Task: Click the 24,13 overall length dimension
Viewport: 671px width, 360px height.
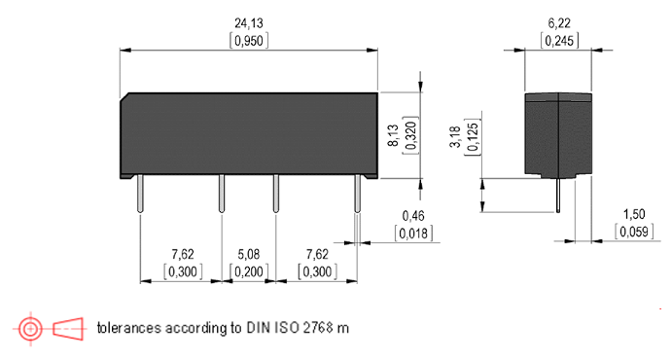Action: tap(249, 23)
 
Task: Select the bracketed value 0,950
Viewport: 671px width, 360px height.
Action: tap(249, 41)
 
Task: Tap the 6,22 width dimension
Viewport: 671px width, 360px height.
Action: tap(559, 23)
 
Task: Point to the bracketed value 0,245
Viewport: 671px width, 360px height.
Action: tap(559, 41)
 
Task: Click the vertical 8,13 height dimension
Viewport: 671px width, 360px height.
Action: tap(393, 135)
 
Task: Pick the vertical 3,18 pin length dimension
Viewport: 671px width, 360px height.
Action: tap(455, 137)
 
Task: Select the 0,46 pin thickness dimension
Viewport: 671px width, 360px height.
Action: tap(413, 216)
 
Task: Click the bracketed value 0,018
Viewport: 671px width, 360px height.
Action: tap(413, 234)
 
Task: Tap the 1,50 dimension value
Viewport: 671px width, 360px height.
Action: tap(634, 214)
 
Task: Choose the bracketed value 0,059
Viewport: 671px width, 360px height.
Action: tap(634, 232)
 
